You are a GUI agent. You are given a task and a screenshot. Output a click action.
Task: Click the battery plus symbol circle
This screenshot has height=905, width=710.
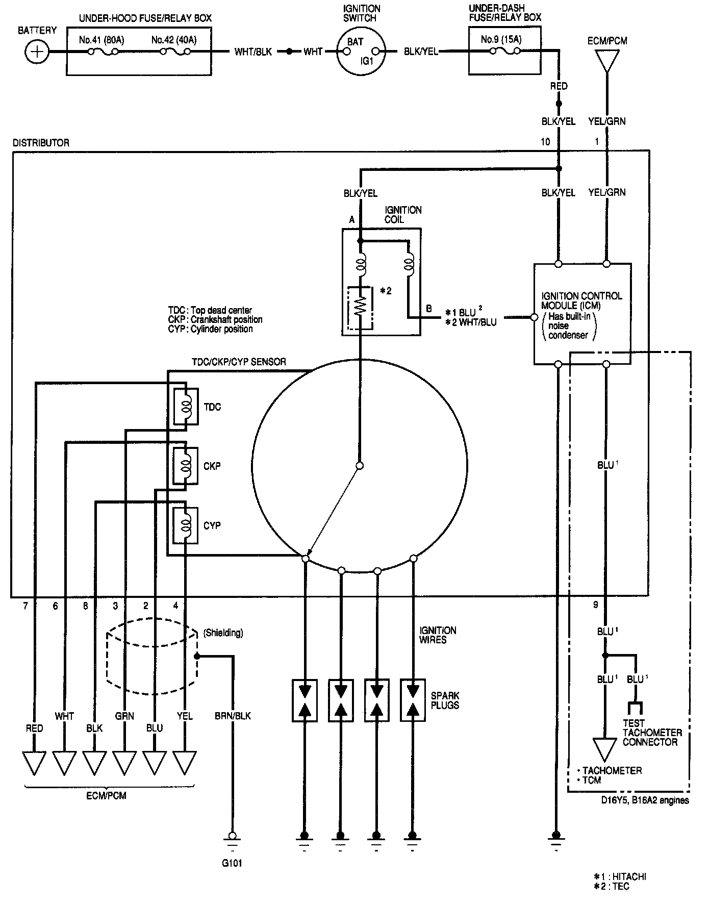click(x=37, y=52)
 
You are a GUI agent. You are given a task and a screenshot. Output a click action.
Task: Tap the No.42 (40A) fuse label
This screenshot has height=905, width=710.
click(x=174, y=40)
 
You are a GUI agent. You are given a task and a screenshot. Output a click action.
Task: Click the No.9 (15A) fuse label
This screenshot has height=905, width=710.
click(x=501, y=39)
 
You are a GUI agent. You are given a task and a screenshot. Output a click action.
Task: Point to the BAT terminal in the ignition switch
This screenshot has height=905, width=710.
click(x=355, y=41)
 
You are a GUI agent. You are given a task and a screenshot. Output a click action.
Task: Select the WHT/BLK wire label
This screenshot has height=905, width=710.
click(x=253, y=52)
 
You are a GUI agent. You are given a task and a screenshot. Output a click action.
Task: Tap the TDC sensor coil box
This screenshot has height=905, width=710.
click(x=186, y=407)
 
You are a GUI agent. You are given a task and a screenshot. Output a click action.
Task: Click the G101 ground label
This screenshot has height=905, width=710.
click(x=232, y=864)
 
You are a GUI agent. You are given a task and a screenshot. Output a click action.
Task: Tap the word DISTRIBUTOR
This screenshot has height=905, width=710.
click(x=41, y=143)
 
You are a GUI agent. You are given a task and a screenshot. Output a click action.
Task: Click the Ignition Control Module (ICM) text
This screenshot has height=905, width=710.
click(x=581, y=300)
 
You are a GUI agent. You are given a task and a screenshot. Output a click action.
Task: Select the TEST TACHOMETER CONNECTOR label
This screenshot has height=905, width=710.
click(x=651, y=733)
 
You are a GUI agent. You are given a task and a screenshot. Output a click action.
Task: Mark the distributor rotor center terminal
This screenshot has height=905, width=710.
click(x=360, y=466)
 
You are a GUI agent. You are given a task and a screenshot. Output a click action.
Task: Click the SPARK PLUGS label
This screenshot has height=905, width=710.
click(x=445, y=700)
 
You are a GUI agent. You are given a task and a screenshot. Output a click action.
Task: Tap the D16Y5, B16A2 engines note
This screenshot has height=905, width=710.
click(x=644, y=800)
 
